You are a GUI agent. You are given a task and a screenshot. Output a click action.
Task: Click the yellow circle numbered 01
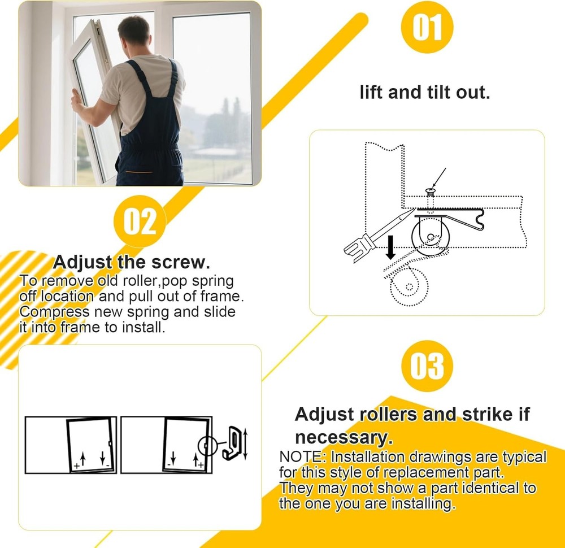[x=427, y=27]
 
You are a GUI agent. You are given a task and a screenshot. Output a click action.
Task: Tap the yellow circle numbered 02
[x=140, y=221]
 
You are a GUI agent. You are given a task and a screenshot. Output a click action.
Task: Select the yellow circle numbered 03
[x=427, y=366]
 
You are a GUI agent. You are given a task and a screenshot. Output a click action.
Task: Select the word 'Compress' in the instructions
[x=54, y=312]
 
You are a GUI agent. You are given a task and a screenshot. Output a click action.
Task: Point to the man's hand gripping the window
[x=76, y=101]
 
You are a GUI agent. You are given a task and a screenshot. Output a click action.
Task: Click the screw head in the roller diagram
[x=430, y=191]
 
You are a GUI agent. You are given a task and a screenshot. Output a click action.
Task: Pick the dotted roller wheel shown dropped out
[x=409, y=287]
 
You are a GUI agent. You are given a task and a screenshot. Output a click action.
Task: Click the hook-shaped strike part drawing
[x=231, y=442]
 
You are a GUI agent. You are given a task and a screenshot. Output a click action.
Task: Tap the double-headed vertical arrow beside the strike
[x=245, y=443]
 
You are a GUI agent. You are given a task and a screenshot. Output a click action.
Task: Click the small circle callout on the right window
[x=207, y=446]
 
